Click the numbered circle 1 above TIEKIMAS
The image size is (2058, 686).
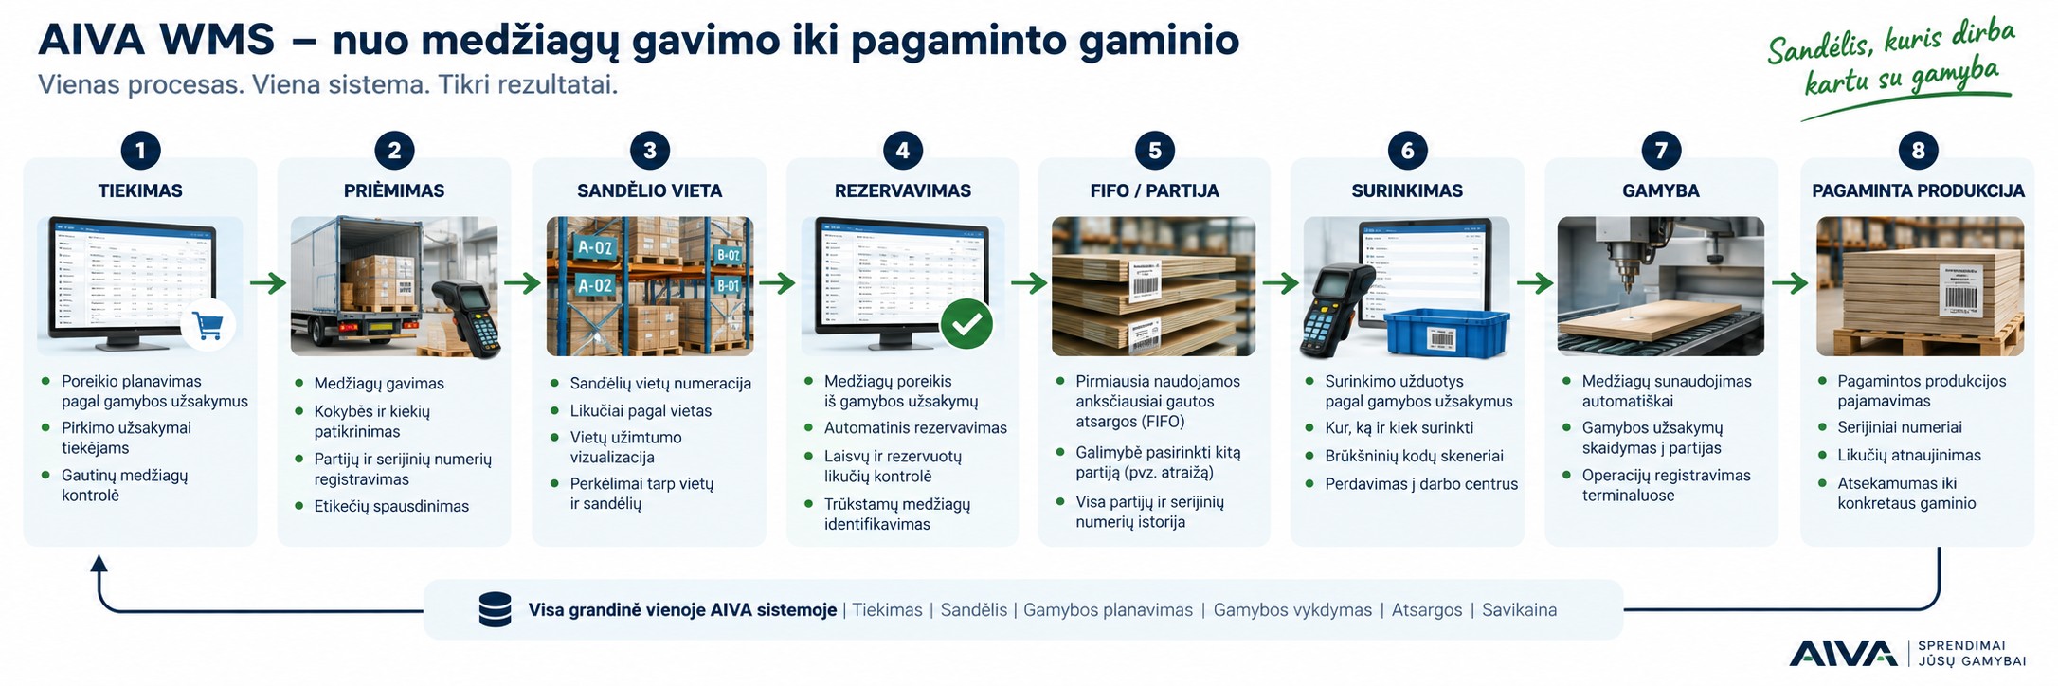click(x=140, y=150)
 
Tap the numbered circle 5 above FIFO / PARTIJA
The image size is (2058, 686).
click(x=1154, y=150)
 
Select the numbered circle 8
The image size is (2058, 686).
click(x=1918, y=150)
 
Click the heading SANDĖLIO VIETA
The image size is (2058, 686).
click(x=649, y=190)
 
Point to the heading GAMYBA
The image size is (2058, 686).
click(x=1660, y=190)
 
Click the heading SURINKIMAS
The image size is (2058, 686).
click(x=1407, y=190)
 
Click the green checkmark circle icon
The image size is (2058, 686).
click(x=966, y=324)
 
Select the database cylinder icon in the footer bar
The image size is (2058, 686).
click(x=495, y=609)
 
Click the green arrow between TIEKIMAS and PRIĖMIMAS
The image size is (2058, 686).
click(x=268, y=282)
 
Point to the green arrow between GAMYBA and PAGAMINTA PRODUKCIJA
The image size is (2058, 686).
click(x=1790, y=282)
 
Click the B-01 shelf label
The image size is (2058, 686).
click(x=728, y=285)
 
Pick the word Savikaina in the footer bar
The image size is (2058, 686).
click(x=1519, y=610)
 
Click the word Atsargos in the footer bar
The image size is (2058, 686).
click(x=1426, y=610)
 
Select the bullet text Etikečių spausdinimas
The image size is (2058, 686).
click(x=391, y=506)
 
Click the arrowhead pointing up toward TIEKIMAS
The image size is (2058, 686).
click(x=99, y=563)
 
